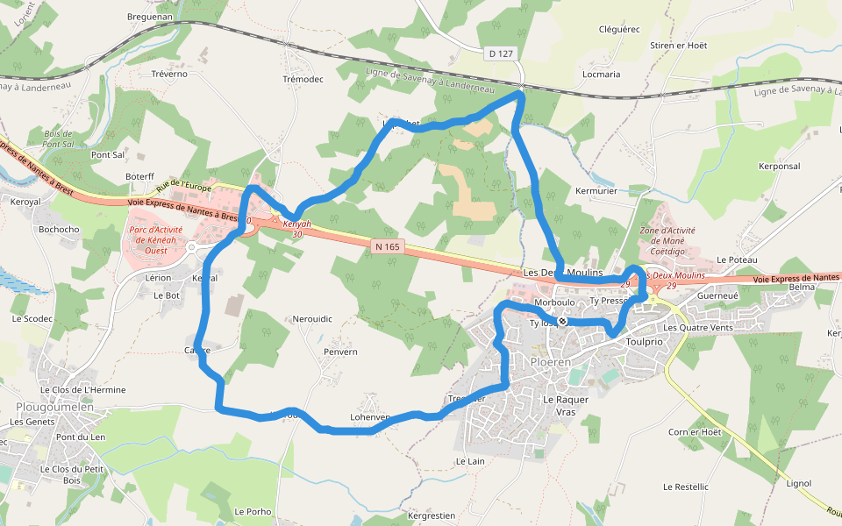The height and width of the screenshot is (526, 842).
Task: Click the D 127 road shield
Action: pyautogui.click(x=502, y=53)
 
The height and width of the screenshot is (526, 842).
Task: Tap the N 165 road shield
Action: pyautogui.click(x=387, y=247)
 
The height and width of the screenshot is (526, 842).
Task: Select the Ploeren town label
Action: pyautogui.click(x=551, y=361)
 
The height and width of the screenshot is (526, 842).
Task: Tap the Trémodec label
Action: pyautogui.click(x=303, y=79)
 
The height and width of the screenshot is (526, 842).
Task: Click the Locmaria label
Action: pyautogui.click(x=602, y=75)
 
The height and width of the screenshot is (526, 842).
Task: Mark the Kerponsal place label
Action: pyautogui.click(x=779, y=166)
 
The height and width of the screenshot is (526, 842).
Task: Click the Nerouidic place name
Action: pyautogui.click(x=312, y=319)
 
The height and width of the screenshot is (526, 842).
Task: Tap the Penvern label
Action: pyautogui.click(x=340, y=352)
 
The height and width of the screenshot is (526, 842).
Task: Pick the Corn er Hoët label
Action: pyautogui.click(x=695, y=432)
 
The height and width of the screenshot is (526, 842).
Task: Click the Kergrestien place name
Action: pyautogui.click(x=432, y=515)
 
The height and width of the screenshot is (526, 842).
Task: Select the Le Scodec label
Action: pyautogui.click(x=32, y=318)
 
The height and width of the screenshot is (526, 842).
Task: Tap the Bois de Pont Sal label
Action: pyautogui.click(x=57, y=139)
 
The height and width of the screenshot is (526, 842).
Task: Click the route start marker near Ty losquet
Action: pyautogui.click(x=562, y=321)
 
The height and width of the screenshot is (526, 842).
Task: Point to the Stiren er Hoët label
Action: pyautogui.click(x=679, y=45)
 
